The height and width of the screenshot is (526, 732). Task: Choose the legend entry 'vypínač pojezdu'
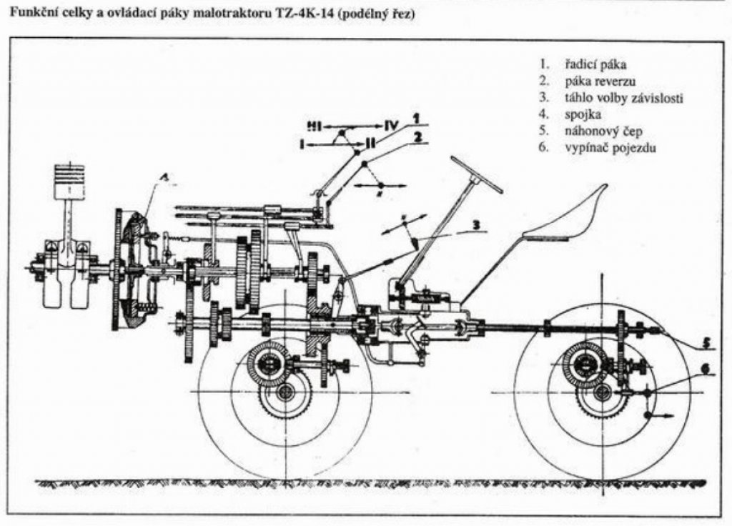(x=600, y=148)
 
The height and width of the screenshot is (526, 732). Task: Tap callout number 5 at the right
(x=705, y=343)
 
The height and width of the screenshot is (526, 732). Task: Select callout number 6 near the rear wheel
(x=705, y=370)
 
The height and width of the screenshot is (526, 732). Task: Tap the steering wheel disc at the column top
(x=476, y=172)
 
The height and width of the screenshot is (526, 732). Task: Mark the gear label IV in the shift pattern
(x=390, y=126)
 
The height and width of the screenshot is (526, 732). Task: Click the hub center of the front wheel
(x=286, y=391)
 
